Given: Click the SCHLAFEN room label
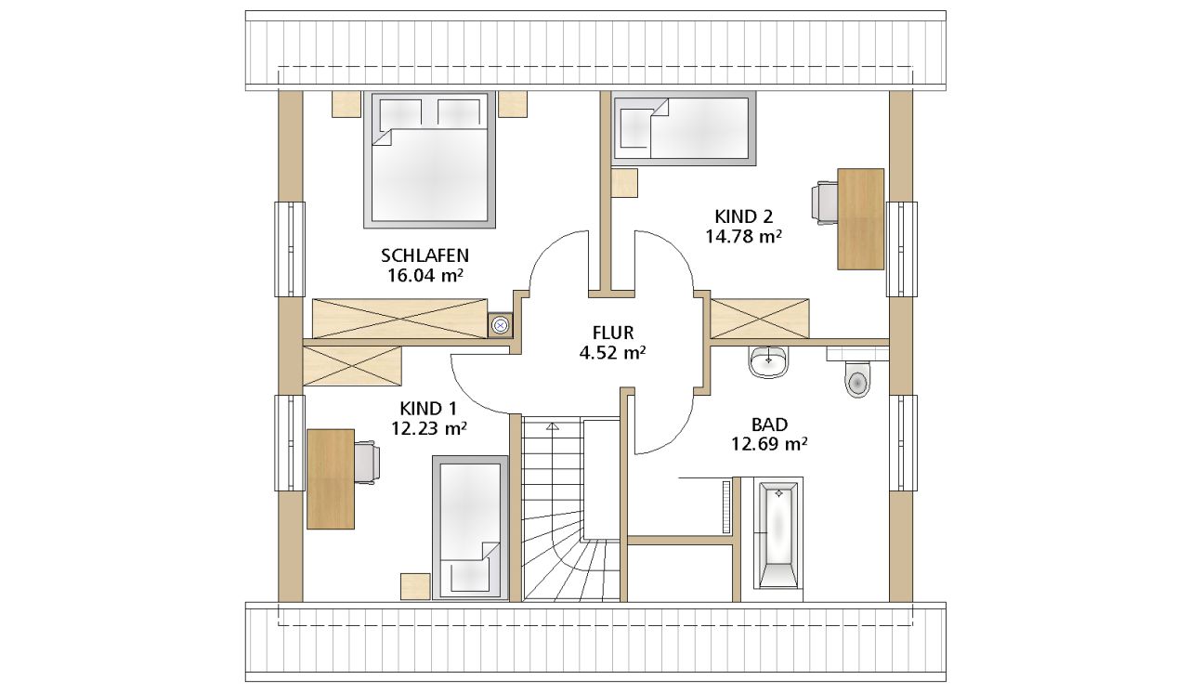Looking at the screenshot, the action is (x=425, y=255).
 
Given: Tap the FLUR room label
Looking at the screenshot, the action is (x=613, y=333).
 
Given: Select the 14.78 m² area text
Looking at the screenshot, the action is (x=743, y=236).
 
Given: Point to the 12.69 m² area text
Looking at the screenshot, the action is (x=769, y=444).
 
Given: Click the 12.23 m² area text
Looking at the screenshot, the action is (x=429, y=427).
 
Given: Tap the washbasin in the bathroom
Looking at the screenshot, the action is (x=769, y=362).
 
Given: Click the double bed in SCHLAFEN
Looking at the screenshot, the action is (x=429, y=160).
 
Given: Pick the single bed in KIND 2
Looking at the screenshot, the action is (x=685, y=128).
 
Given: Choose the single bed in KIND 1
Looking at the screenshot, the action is (x=470, y=528).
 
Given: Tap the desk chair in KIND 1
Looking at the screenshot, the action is (x=367, y=463).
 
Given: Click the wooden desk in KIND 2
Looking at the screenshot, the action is (x=860, y=219).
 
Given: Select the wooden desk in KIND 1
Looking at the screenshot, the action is (x=331, y=479).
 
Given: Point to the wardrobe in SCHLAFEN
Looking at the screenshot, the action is (x=399, y=319).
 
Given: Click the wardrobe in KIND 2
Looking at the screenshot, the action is (x=760, y=319).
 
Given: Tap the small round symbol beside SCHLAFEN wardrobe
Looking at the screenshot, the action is (x=500, y=325).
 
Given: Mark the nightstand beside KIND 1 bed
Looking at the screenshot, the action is (x=415, y=586).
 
